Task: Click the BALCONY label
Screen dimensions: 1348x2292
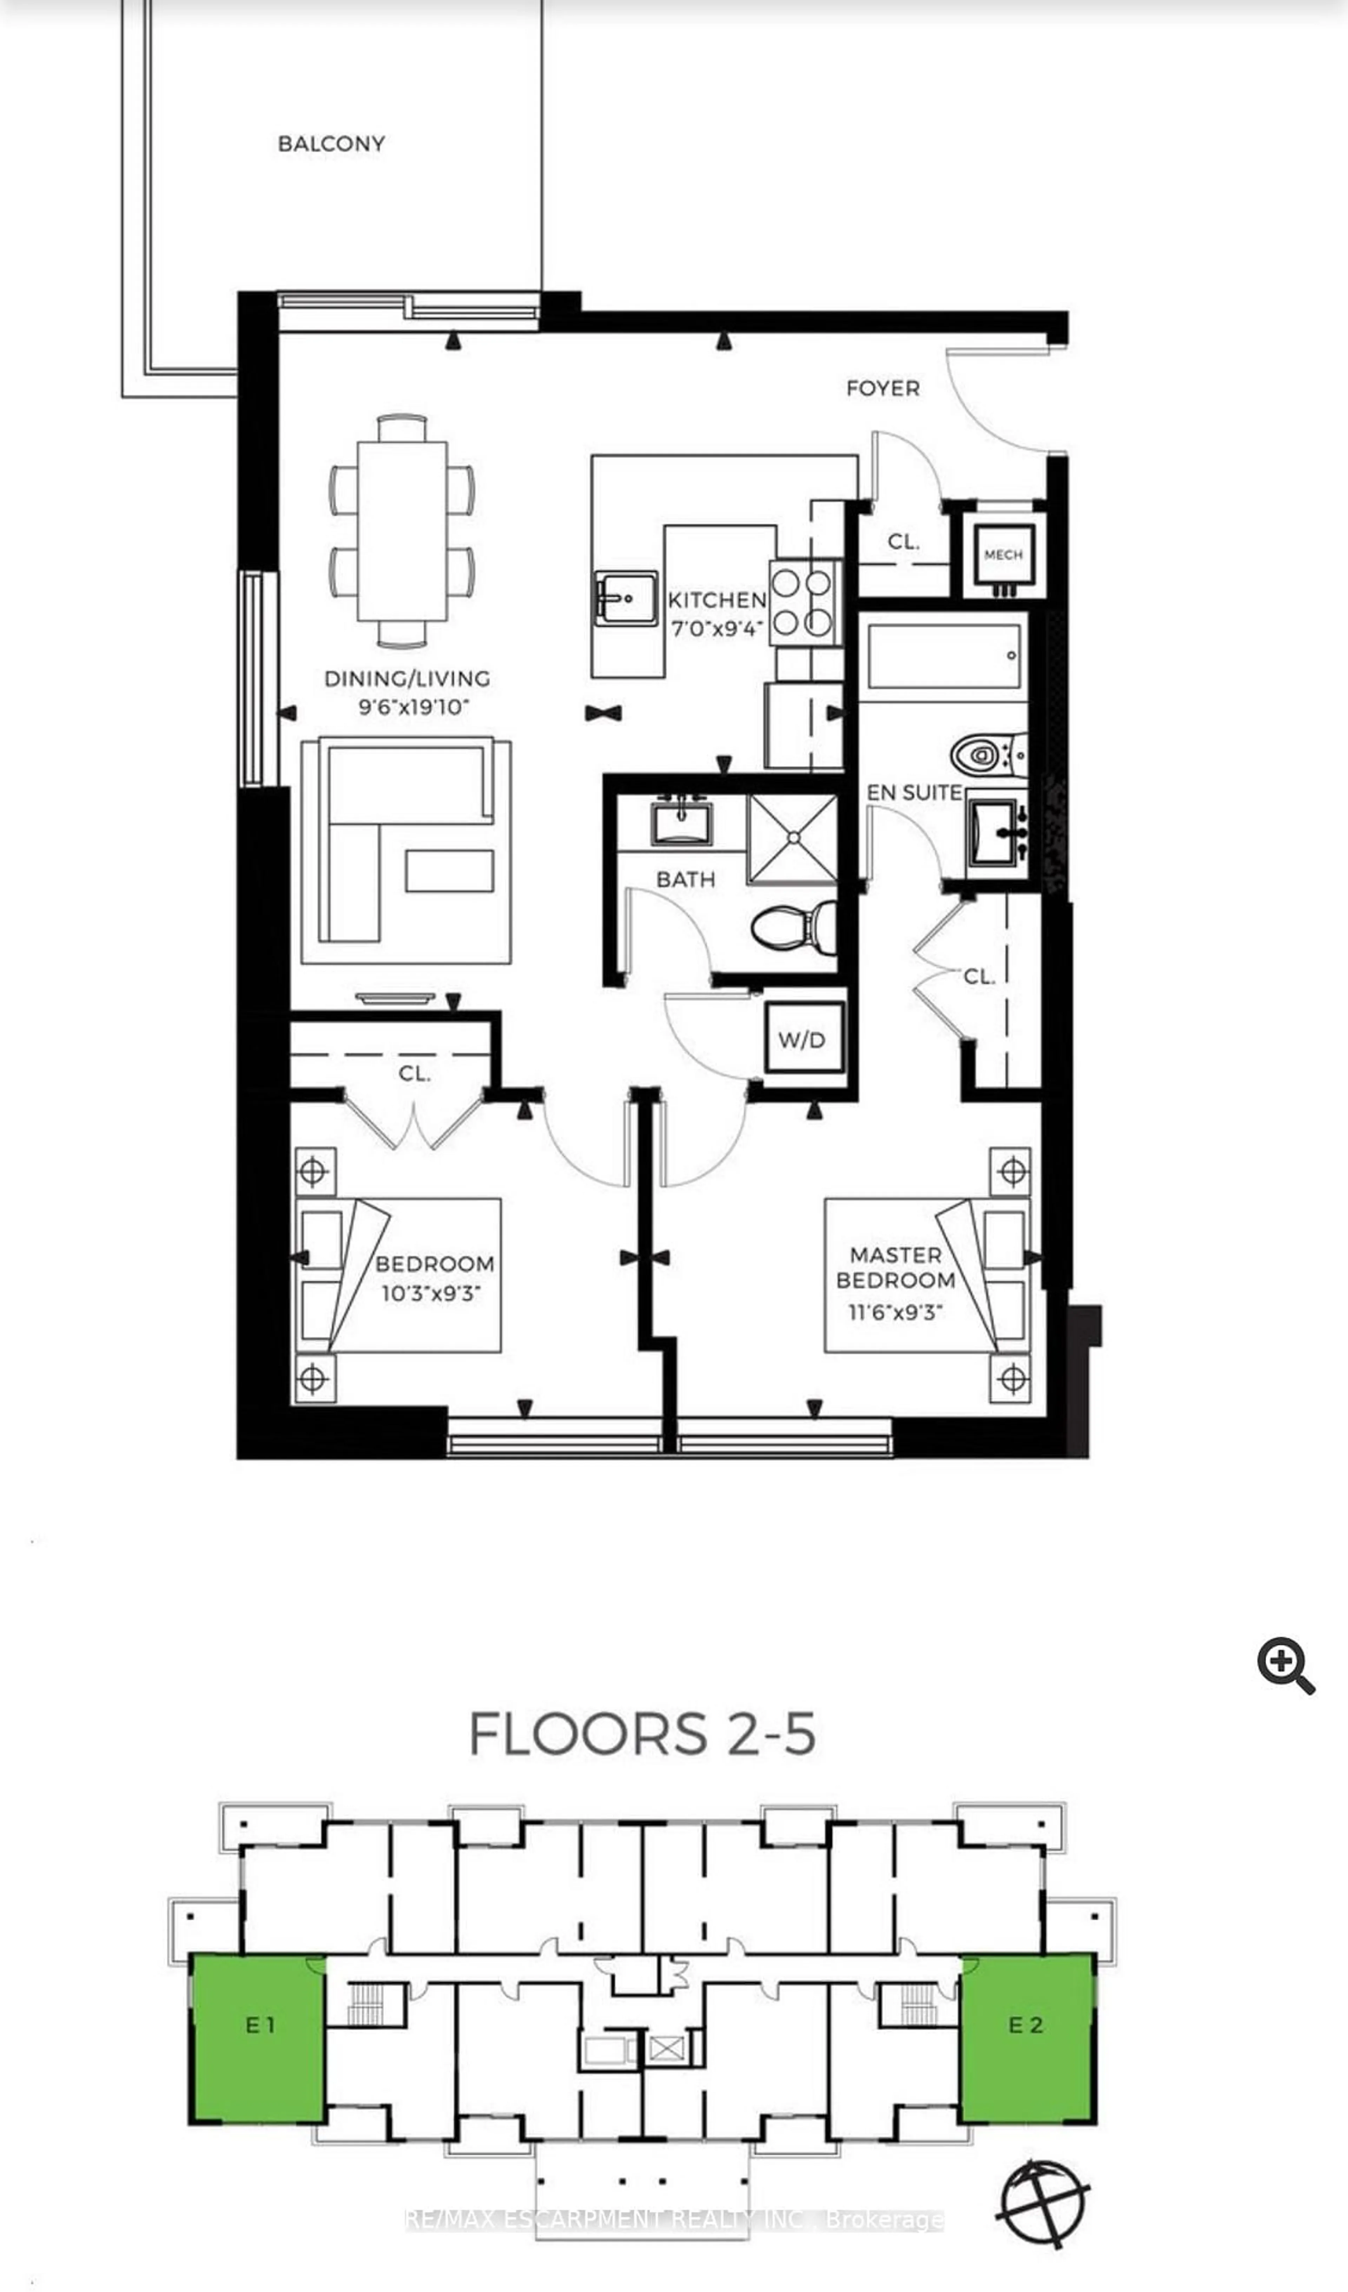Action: (x=331, y=144)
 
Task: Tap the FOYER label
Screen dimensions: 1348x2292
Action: (x=882, y=388)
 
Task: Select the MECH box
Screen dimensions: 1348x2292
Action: (x=1003, y=555)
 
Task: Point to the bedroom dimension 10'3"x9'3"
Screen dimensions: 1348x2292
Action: (x=430, y=1293)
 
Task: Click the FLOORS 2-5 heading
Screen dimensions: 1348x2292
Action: (x=642, y=1734)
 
